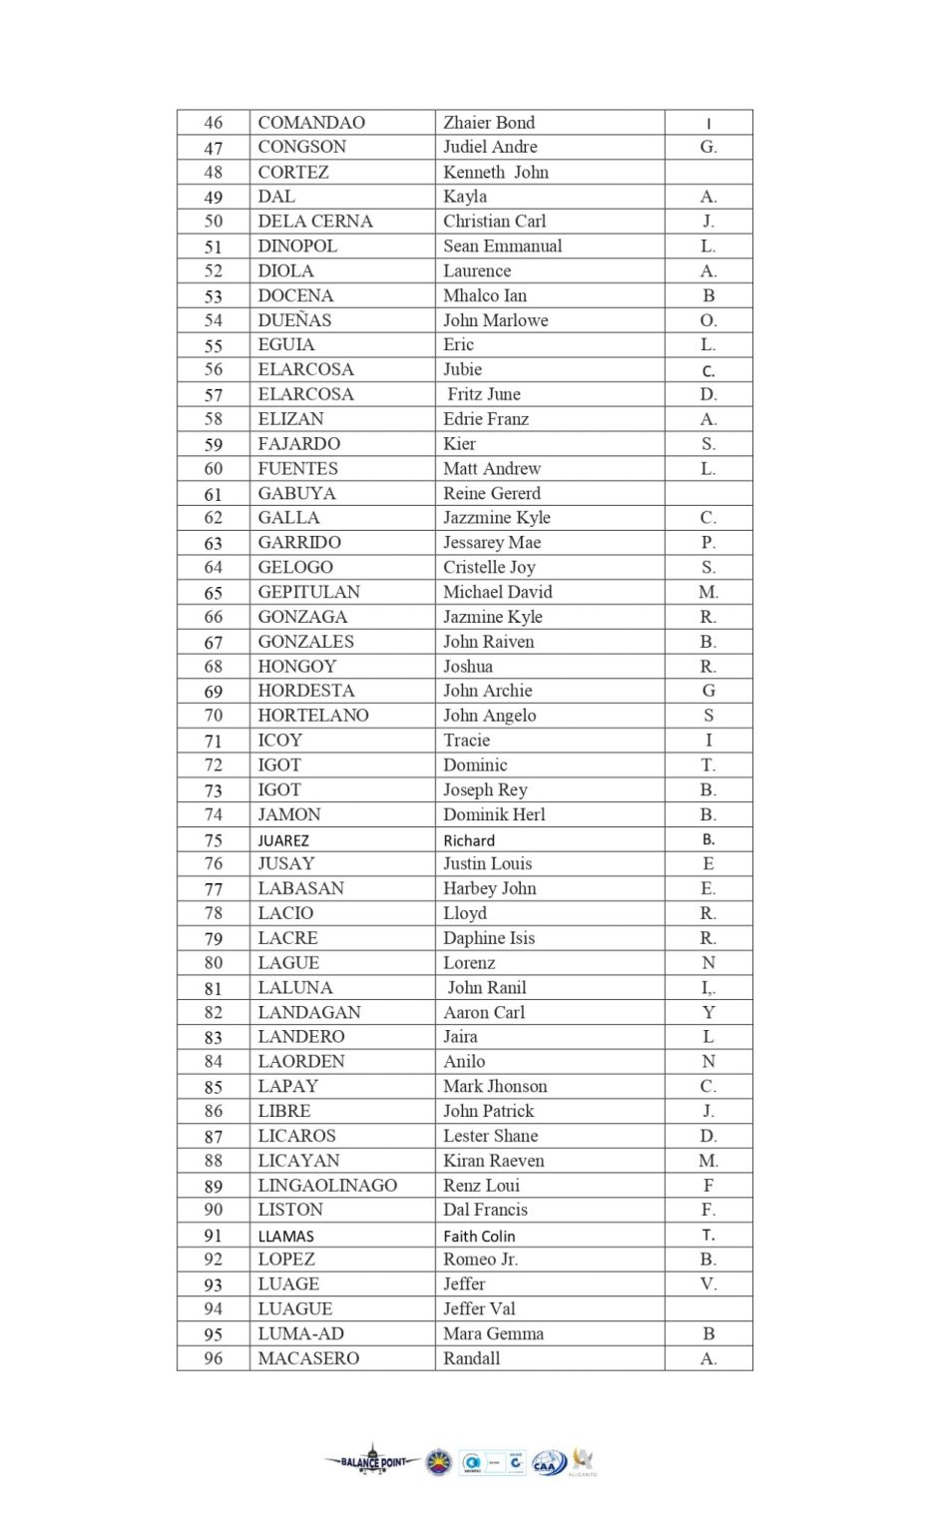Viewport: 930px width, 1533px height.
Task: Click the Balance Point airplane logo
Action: click(373, 1462)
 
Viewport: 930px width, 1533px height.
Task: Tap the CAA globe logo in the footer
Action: click(549, 1463)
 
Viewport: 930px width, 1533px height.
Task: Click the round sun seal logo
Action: click(438, 1463)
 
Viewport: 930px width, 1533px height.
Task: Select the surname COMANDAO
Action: click(311, 123)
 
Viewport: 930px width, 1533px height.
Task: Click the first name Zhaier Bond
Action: click(489, 123)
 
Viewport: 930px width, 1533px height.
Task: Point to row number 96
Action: click(214, 1358)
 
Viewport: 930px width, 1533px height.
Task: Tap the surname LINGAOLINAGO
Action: click(327, 1186)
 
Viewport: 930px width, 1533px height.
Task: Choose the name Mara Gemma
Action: click(493, 1333)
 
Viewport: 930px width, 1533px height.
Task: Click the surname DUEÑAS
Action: click(294, 320)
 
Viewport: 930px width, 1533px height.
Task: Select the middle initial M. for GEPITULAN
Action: click(708, 592)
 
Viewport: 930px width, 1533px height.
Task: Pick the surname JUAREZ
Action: click(283, 840)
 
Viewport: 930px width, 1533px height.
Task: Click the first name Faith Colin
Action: click(479, 1236)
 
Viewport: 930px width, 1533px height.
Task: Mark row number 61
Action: click(214, 494)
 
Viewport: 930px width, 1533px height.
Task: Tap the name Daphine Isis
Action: click(489, 938)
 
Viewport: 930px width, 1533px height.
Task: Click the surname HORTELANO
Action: click(313, 716)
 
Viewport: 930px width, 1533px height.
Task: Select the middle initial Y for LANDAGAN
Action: click(708, 1012)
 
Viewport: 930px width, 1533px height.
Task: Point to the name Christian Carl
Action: click(495, 222)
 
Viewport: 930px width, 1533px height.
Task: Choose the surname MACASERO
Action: click(308, 1358)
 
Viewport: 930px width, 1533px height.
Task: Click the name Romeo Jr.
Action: click(481, 1260)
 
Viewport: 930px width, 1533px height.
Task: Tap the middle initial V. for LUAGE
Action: click(708, 1284)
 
